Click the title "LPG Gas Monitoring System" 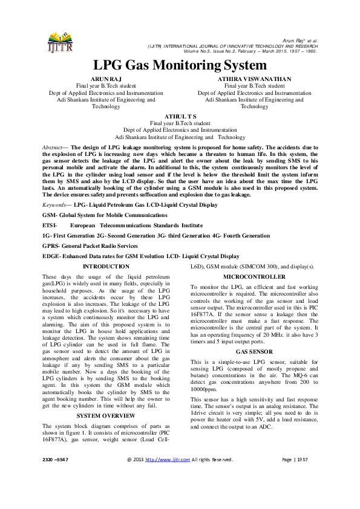[x=180, y=65]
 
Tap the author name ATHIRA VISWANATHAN [x=254, y=79]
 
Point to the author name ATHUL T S [x=180, y=115]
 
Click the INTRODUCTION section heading [x=105, y=266]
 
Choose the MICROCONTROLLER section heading [x=254, y=276]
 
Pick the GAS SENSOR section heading [x=254, y=351]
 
